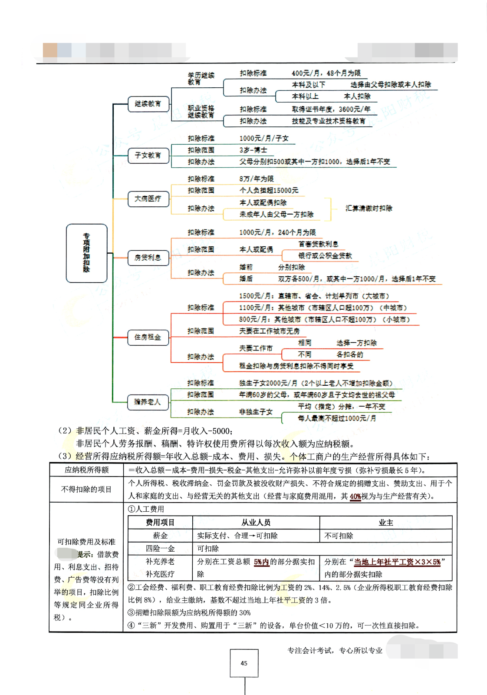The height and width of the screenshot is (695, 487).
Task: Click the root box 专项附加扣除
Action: click(86, 253)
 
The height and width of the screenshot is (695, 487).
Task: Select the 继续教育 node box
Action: click(148, 104)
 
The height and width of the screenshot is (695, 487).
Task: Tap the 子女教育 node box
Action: click(148, 155)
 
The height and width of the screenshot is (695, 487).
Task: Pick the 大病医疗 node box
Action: click(148, 199)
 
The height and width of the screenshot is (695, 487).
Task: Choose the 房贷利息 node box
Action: click(148, 257)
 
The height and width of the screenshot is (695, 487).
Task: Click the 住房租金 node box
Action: click(148, 337)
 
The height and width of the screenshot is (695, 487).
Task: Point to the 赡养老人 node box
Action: click(148, 402)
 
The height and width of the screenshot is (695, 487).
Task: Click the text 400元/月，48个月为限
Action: click(326, 73)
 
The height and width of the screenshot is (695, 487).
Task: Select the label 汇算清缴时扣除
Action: click(369, 208)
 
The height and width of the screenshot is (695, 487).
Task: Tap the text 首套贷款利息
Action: click(318, 244)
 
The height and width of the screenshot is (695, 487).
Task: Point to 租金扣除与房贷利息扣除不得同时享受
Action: click(296, 366)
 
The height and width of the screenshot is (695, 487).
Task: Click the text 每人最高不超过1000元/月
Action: click(337, 418)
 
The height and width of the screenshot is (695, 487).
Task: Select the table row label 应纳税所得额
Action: click(87, 470)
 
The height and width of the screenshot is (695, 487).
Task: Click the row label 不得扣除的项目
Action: click(87, 489)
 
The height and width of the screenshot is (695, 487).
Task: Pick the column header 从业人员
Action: click(256, 523)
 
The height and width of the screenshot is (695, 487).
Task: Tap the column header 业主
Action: click(385, 523)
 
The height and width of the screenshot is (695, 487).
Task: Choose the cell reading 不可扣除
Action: click(339, 536)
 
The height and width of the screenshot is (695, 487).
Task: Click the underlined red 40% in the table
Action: click(355, 496)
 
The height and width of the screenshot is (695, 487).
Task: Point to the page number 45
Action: click(244, 663)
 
